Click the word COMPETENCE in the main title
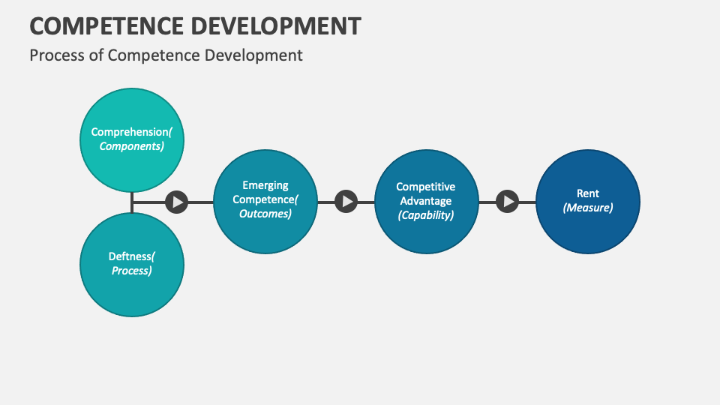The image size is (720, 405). (x=104, y=25)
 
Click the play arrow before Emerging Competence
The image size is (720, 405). (x=176, y=201)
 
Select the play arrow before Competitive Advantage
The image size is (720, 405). (x=346, y=201)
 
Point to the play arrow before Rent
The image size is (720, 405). (x=508, y=201)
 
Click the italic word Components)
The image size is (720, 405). (x=132, y=146)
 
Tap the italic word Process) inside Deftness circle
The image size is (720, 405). (x=132, y=271)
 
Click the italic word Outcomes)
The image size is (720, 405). (x=265, y=214)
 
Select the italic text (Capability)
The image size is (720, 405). (x=426, y=215)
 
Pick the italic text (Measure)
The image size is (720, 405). (x=588, y=208)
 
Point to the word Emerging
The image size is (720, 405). (x=265, y=185)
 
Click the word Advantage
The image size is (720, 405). (x=426, y=201)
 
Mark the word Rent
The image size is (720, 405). (x=588, y=193)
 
